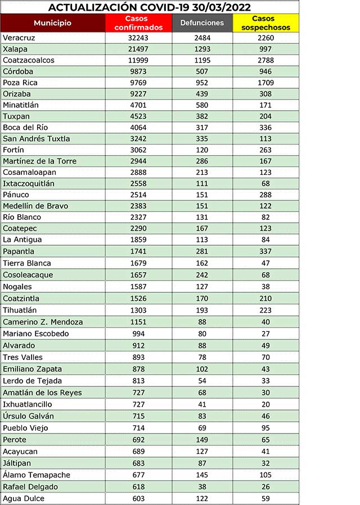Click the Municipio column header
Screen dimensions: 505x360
52,23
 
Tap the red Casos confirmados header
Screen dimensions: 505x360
138,23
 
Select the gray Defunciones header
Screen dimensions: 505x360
202,23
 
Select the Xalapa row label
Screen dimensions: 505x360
15,49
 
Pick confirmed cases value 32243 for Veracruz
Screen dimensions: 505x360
138,38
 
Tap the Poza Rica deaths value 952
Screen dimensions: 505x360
202,83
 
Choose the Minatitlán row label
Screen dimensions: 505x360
22,105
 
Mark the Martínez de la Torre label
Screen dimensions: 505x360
39,161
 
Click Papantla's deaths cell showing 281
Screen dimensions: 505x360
202,251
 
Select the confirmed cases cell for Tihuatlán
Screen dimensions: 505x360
138,310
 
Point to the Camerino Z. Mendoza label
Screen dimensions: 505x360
43,322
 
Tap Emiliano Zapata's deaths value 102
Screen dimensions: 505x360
202,369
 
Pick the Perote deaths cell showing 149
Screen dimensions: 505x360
202,440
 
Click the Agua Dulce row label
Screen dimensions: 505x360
23,498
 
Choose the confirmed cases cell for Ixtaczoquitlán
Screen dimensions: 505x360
138,184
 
